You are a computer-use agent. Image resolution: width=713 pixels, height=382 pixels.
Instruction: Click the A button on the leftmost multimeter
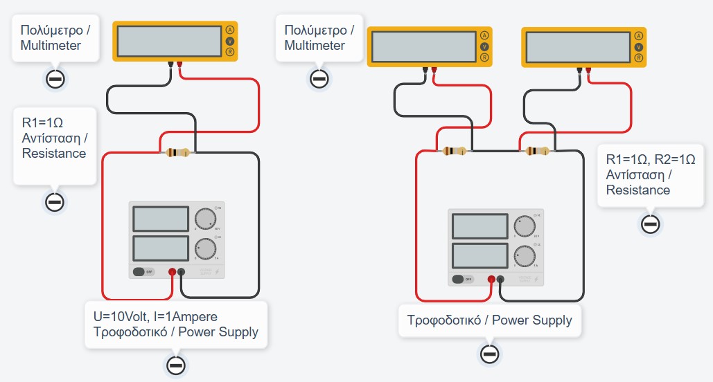[230, 30]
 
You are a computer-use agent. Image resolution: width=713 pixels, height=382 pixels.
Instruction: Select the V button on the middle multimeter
[484, 46]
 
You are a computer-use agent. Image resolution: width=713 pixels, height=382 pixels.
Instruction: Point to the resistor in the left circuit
[180, 153]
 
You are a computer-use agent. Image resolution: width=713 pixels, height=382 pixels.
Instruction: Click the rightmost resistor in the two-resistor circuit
[538, 151]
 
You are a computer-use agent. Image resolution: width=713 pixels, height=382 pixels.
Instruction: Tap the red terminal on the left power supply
[172, 273]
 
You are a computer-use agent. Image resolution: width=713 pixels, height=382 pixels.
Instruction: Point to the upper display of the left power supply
[160, 219]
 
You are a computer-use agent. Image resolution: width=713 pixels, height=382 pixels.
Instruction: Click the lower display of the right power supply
[480, 255]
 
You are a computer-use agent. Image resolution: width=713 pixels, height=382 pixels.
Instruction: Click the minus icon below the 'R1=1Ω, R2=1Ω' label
[650, 224]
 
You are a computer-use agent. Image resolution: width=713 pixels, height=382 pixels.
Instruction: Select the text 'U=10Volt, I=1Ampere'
[155, 317]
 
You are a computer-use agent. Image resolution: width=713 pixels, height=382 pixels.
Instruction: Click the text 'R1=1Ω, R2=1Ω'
[650, 158]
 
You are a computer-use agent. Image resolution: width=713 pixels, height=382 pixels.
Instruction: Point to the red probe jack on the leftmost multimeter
[179, 65]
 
